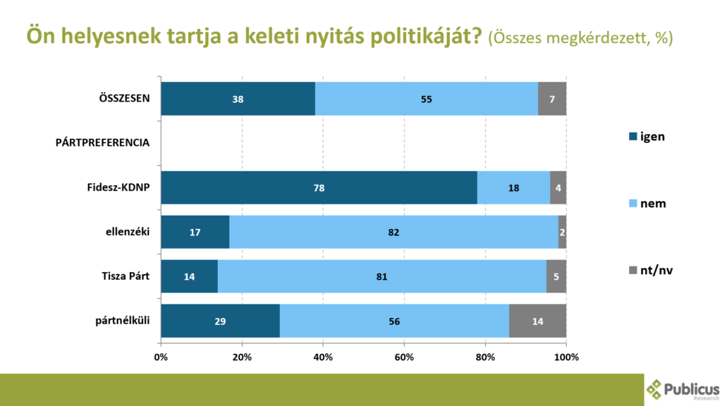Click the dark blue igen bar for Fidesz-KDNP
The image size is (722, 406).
coord(319,187)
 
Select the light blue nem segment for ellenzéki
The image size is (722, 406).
coord(393,232)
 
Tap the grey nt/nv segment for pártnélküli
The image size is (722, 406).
coord(538,321)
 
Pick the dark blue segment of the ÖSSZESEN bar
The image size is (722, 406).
coord(238,99)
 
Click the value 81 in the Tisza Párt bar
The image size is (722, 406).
coord(381,276)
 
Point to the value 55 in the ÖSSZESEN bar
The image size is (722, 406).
coord(427,99)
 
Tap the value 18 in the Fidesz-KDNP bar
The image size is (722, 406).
coord(513,187)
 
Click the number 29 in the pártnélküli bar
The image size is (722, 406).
coord(220,321)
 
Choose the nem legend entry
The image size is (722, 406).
coord(647,203)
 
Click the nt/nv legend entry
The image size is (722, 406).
coord(651,270)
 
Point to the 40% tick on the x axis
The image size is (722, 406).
coord(323,357)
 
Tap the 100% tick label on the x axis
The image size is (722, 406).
coord(566,357)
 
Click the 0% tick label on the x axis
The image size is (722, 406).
coord(161,357)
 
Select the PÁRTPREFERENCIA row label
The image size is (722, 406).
coord(103,142)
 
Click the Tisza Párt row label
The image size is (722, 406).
coord(126,276)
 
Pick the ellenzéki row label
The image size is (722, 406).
coord(128,231)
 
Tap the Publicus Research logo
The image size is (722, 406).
coord(683,390)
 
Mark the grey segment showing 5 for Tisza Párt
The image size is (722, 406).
coord(556,276)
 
